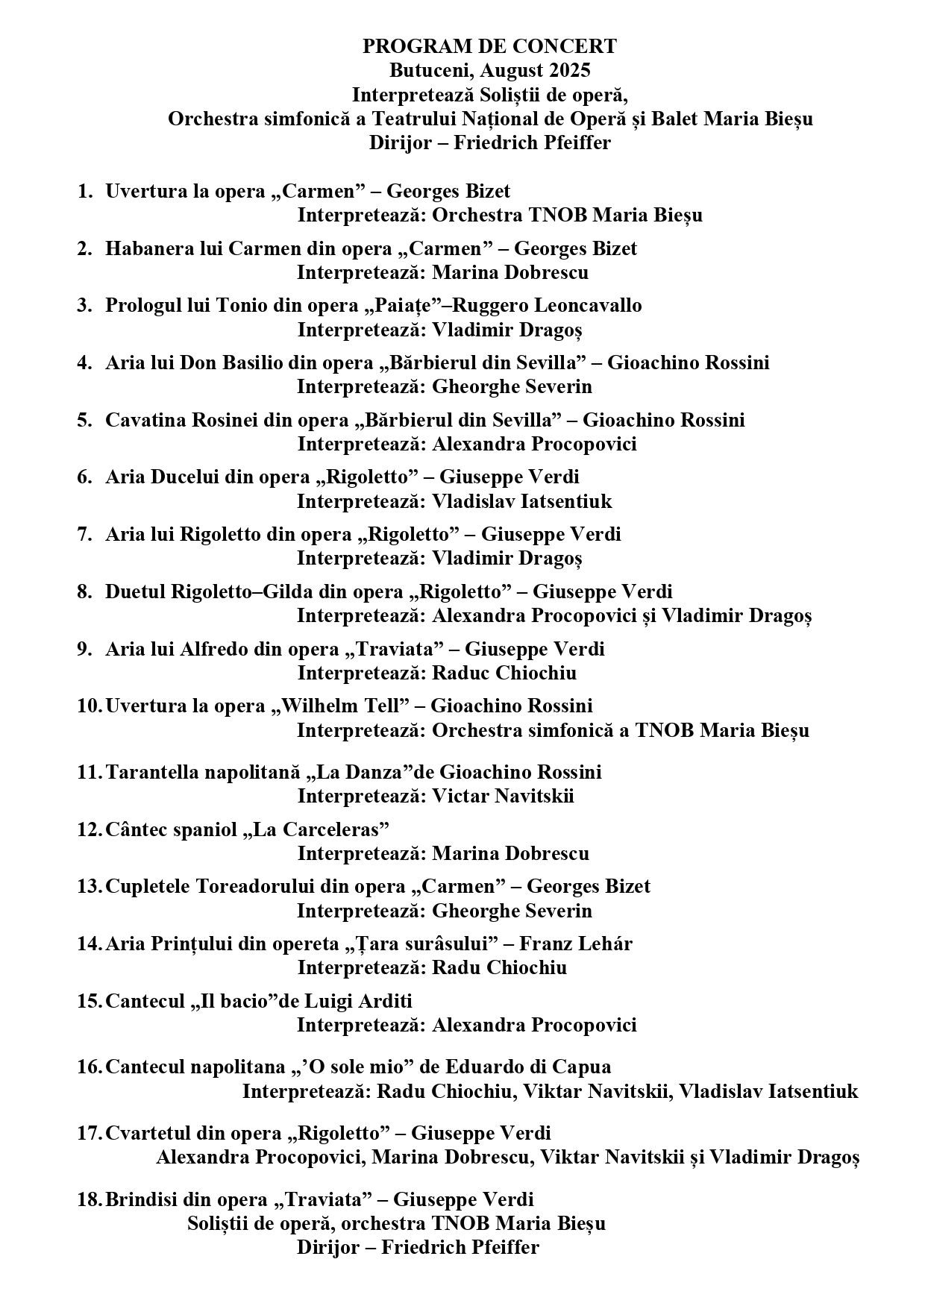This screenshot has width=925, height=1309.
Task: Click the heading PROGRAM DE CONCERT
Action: click(x=489, y=46)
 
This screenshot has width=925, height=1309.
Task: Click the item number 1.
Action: click(x=84, y=191)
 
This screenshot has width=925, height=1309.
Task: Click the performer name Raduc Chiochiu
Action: click(x=504, y=673)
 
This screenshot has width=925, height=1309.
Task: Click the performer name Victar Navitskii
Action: click(x=503, y=796)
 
